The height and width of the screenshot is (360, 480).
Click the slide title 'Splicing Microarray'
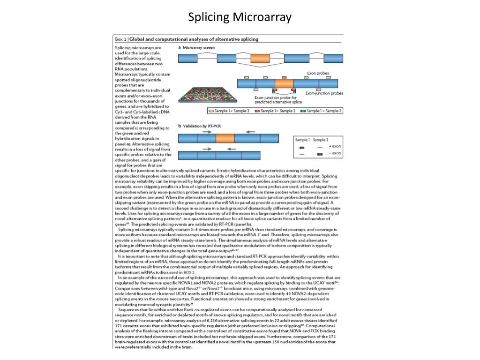(x=240, y=18)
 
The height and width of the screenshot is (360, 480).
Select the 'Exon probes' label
(x=318, y=74)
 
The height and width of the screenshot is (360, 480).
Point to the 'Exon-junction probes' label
(x=324, y=93)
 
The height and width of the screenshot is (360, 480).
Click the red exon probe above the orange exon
(x=284, y=77)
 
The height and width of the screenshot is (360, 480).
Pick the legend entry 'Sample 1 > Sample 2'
(x=277, y=111)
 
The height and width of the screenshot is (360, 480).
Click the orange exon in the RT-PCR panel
(x=225, y=138)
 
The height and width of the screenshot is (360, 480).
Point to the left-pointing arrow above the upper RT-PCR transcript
(x=250, y=132)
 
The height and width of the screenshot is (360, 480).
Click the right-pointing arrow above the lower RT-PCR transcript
(x=205, y=149)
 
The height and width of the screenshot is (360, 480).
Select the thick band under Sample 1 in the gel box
(x=302, y=147)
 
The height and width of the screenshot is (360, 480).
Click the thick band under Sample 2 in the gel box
(x=320, y=154)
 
